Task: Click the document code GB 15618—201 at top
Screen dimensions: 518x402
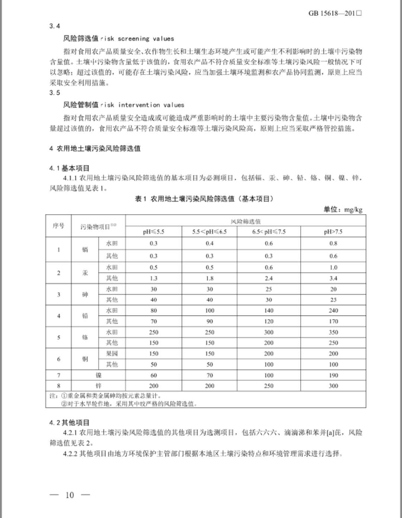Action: point(335,13)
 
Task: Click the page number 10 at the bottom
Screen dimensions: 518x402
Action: point(70,495)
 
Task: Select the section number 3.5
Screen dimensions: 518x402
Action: point(55,93)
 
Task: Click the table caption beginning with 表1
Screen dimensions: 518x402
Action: point(204,199)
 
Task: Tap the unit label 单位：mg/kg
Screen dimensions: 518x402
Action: point(343,210)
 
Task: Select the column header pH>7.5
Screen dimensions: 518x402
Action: point(333,231)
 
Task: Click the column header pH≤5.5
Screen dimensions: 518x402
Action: point(153,231)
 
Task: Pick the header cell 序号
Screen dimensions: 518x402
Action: point(58,226)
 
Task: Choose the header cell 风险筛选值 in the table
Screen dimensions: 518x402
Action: point(246,221)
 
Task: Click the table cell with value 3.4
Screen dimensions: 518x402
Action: point(333,278)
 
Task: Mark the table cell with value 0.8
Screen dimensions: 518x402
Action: point(333,243)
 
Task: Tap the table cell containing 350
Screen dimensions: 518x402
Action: point(333,332)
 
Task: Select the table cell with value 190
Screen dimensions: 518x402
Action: point(333,375)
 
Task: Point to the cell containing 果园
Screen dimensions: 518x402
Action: point(112,354)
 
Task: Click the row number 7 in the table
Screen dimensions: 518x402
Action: point(58,375)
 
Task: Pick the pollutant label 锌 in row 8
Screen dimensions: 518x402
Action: point(98,386)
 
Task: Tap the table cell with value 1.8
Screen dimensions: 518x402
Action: point(210,278)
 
